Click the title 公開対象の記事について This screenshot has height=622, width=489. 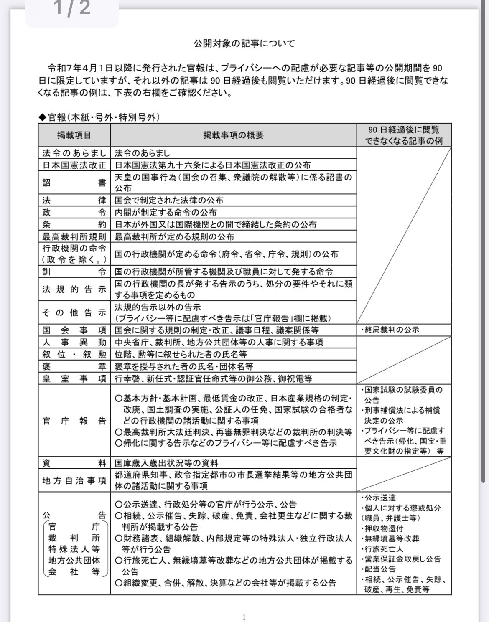click(x=244, y=43)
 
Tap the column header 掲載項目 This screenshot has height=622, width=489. click(x=74, y=135)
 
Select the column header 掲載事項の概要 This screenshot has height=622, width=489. click(x=233, y=135)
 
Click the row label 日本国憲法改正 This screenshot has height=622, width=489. click(x=74, y=165)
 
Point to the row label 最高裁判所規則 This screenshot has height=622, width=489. click(x=74, y=236)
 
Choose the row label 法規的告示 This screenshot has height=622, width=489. click(x=74, y=289)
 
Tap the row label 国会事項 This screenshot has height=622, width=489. click(x=74, y=330)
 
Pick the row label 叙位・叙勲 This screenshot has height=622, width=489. click(x=74, y=354)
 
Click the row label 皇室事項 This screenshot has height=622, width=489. click(x=74, y=379)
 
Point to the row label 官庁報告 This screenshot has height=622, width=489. click(x=74, y=421)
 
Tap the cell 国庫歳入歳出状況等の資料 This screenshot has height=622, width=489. click(x=166, y=463)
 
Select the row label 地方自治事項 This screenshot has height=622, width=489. click(x=74, y=481)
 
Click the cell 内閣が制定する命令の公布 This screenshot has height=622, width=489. click(x=166, y=212)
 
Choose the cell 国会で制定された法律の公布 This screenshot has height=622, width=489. click(x=169, y=200)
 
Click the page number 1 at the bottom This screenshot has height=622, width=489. click(x=244, y=617)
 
